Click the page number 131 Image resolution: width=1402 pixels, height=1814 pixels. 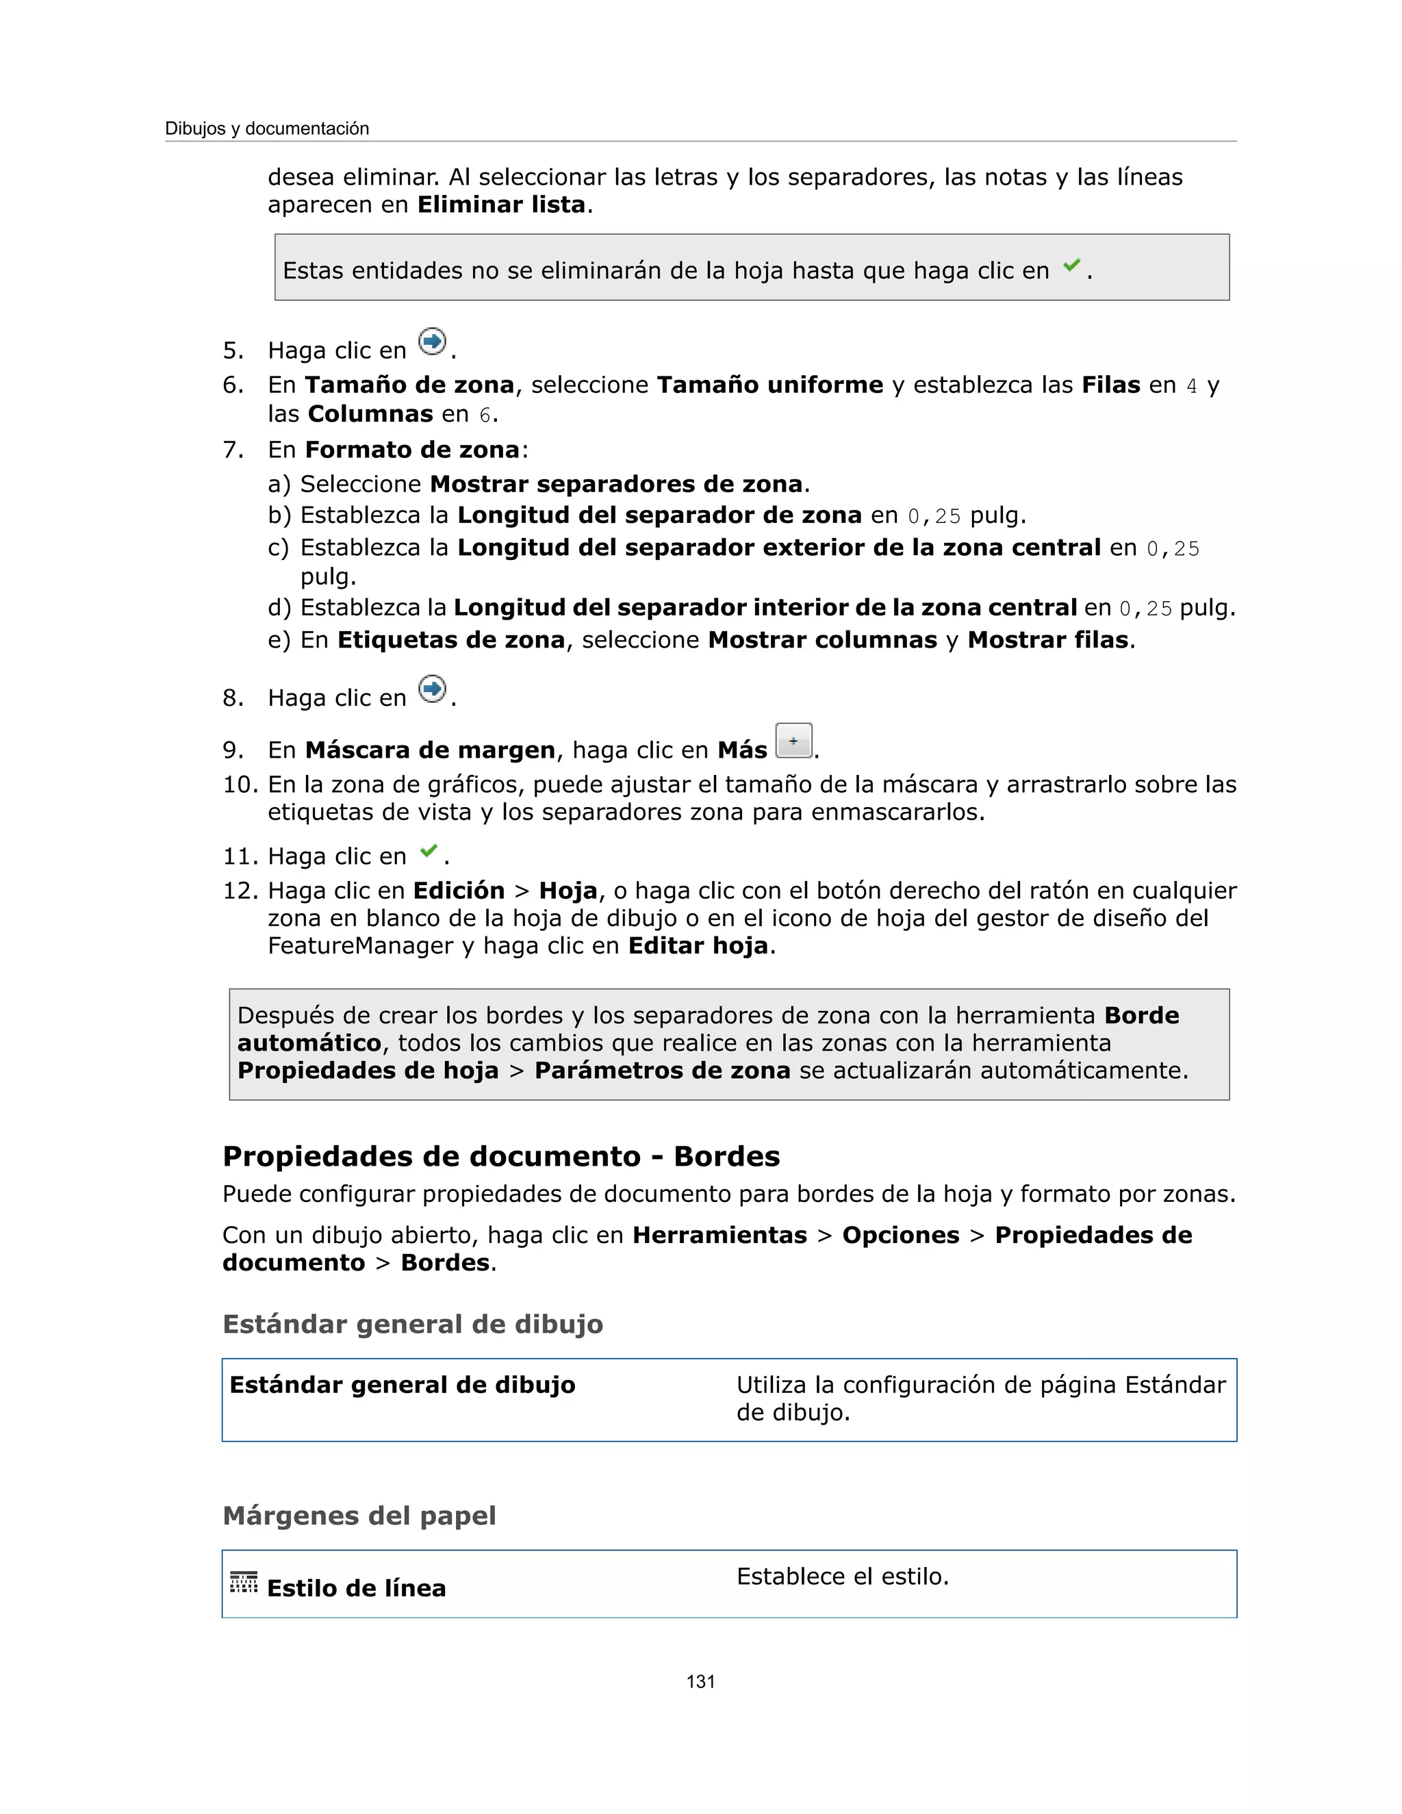[700, 1681]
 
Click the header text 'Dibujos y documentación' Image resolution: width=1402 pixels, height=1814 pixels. [266, 129]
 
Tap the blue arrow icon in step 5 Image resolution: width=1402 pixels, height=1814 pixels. [432, 342]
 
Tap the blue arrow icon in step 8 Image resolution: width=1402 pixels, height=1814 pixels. [432, 689]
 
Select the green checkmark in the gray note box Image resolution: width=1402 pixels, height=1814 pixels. [1071, 265]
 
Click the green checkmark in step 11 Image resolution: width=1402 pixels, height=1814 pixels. [429, 850]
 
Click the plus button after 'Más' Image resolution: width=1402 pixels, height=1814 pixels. [793, 740]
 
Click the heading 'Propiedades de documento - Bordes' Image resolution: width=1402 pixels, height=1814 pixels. [501, 1156]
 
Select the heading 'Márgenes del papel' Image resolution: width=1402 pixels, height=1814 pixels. [359, 1515]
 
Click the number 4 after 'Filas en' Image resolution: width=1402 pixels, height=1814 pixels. [1191, 386]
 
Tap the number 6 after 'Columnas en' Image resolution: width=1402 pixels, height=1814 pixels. [485, 414]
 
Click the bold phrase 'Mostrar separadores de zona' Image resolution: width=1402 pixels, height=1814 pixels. [616, 483]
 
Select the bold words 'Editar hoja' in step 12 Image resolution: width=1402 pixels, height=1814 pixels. [698, 945]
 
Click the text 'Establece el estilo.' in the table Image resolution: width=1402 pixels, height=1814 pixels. [842, 1576]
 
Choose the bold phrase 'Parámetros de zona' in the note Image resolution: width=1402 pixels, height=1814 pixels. [662, 1070]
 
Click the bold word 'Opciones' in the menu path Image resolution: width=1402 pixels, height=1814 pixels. [900, 1235]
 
